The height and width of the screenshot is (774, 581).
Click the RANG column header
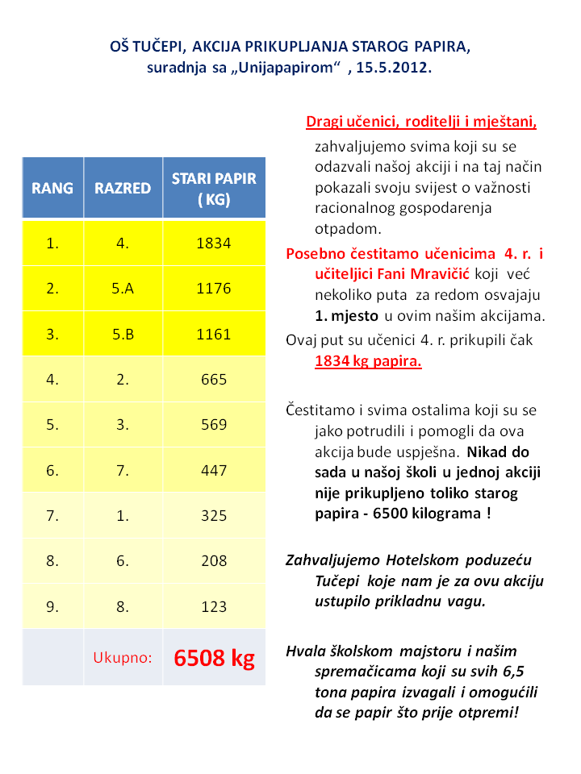point(52,189)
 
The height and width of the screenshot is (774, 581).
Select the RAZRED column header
point(123,189)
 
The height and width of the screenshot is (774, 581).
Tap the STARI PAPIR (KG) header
point(214,189)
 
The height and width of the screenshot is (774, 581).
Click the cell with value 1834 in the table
point(214,243)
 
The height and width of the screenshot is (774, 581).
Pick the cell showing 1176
point(214,289)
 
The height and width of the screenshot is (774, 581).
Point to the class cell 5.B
point(123,334)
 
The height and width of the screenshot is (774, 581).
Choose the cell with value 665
point(214,379)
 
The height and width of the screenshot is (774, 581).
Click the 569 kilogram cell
point(214,424)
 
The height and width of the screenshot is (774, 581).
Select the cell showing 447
point(214,470)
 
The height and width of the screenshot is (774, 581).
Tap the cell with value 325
point(214,515)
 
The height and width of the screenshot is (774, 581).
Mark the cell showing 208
point(214,560)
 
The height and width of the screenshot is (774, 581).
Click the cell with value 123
point(214,606)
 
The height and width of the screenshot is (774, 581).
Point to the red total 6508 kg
point(214,658)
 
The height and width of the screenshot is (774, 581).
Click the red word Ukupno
point(123,658)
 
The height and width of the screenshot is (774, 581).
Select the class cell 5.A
point(123,289)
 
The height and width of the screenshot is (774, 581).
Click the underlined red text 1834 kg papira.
point(368,360)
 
